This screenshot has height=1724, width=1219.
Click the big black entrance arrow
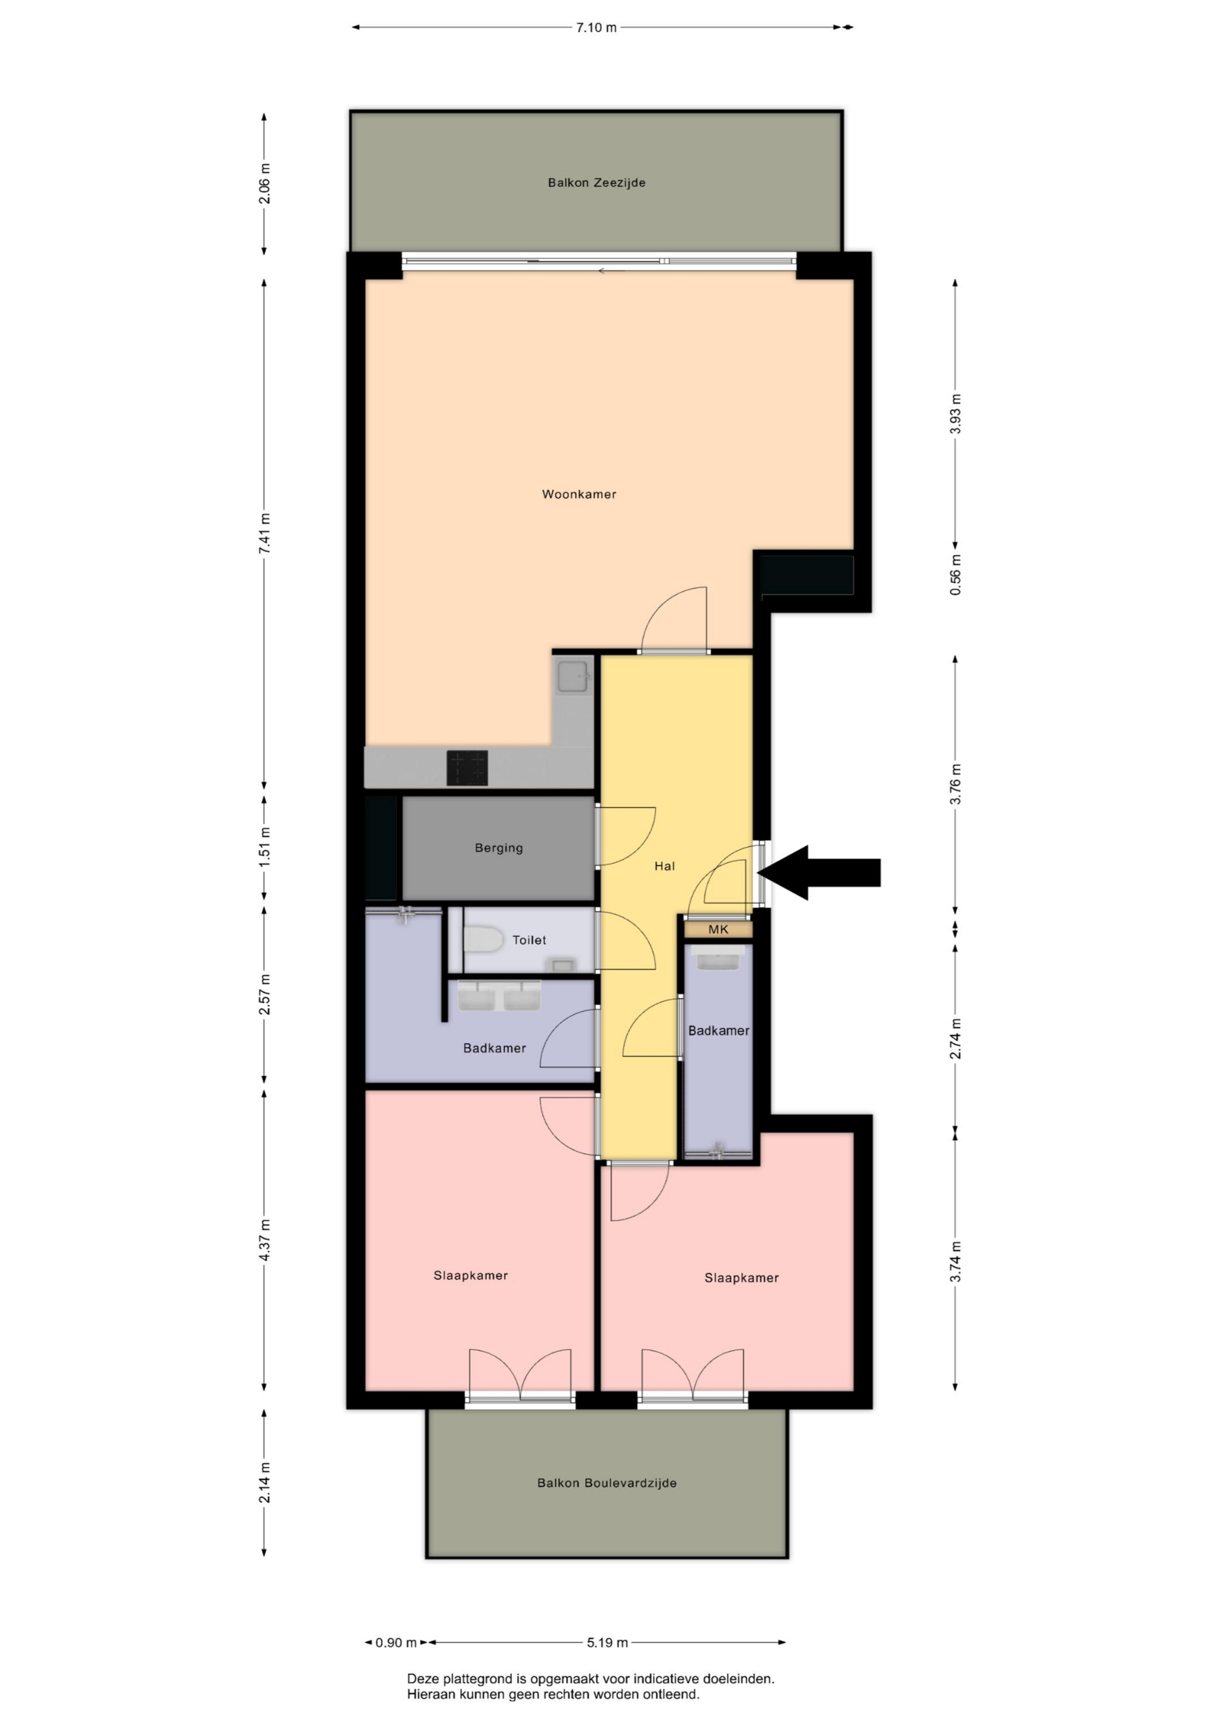pos(819,872)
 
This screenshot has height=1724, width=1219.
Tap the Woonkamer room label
pos(579,494)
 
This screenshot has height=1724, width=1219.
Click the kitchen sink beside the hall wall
pos(575,677)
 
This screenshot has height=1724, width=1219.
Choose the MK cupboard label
pos(718,930)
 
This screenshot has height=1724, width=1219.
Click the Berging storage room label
pos(499,848)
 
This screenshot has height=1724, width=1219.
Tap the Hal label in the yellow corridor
pos(665,866)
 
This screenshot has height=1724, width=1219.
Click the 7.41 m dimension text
pos(264,534)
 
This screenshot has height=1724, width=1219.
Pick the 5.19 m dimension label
pos(607,1642)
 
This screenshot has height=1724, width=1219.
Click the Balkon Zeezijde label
pos(596,182)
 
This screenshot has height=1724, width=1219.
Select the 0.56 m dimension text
pos(955,575)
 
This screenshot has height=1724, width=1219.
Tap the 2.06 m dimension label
pos(264,184)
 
